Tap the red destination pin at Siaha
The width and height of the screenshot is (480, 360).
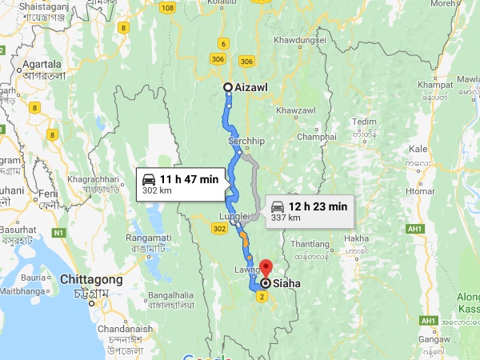pyautogui.click(x=266, y=270)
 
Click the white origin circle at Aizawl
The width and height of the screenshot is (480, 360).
pyautogui.click(x=228, y=87)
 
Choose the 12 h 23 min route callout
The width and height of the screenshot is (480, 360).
pyautogui.click(x=308, y=211)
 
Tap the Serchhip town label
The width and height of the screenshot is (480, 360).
pyautogui.click(x=246, y=141)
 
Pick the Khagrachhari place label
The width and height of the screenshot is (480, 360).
pyautogui.click(x=92, y=178)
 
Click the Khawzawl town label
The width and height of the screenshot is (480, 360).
pyautogui.click(x=295, y=110)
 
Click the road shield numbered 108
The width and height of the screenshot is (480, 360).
pyautogui.click(x=167, y=8)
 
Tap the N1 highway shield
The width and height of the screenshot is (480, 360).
pyautogui.click(x=58, y=233)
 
